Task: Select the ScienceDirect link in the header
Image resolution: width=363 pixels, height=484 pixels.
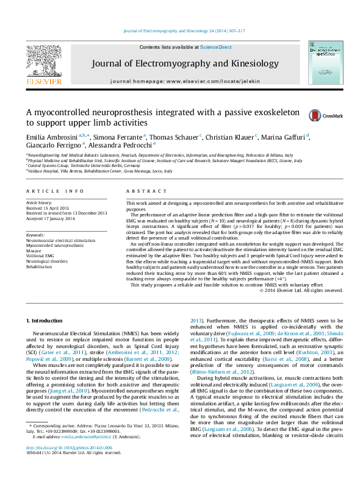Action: click(216, 47)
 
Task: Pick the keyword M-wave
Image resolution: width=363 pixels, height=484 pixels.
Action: click(35, 250)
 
